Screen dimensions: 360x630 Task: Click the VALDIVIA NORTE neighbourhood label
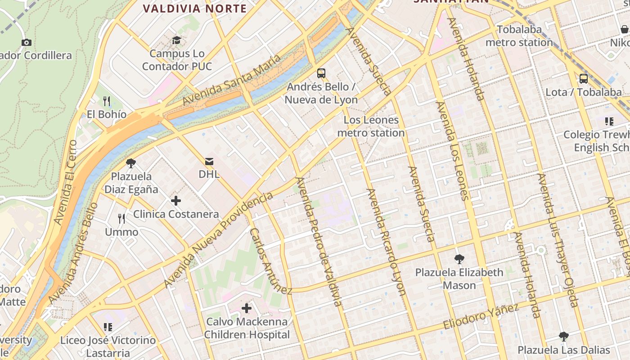tap(195, 9)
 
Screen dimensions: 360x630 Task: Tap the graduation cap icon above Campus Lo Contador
tap(177, 40)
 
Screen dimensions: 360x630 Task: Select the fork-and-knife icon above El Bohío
tap(107, 101)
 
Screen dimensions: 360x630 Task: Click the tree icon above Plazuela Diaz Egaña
tap(131, 163)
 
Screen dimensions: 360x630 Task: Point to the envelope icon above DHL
tap(209, 161)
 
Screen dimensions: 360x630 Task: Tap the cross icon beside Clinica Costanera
tap(176, 201)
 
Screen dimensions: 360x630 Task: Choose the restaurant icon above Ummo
tap(121, 219)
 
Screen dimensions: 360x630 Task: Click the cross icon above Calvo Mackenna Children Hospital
tap(246, 308)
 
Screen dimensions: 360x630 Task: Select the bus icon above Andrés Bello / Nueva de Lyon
tap(321, 73)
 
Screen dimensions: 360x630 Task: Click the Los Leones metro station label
tap(371, 126)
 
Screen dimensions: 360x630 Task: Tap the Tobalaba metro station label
tap(519, 36)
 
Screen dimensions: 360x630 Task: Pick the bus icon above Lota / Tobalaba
tap(584, 78)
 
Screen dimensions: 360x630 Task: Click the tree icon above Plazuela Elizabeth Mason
tap(459, 259)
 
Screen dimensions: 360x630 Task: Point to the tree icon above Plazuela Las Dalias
tap(563, 336)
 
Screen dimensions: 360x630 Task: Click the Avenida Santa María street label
tap(232, 80)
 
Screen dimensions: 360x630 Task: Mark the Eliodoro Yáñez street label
tap(481, 316)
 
